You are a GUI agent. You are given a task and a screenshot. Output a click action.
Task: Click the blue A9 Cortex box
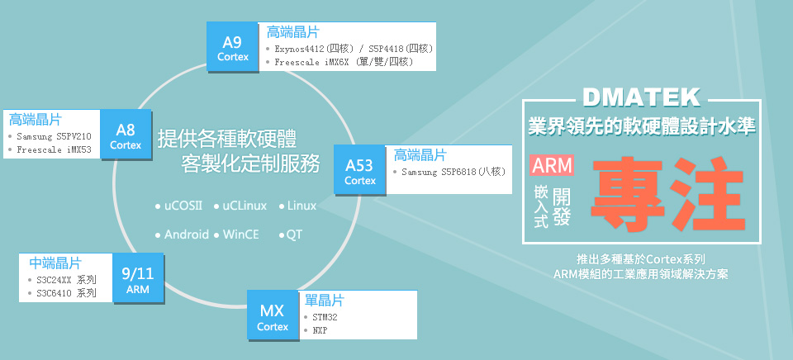coord(233,48)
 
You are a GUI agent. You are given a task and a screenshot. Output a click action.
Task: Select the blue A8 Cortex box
coord(126,136)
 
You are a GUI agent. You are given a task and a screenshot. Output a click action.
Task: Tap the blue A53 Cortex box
coord(360,170)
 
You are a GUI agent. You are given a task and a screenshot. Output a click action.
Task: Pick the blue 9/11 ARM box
coord(137,280)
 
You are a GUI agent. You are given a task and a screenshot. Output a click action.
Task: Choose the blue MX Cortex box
coord(273,317)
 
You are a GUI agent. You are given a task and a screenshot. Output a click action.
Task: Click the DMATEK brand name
coord(641,97)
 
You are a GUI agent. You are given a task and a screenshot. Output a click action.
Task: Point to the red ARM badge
coord(553,165)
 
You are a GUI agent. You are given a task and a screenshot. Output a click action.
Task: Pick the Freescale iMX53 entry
coord(55,150)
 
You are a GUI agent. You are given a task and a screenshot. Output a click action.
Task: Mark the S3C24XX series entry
coord(66,279)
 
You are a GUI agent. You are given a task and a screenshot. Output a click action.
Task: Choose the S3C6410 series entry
coord(66,292)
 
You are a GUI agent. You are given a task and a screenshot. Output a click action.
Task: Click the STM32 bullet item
coord(325,316)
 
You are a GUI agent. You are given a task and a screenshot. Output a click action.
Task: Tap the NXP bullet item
coord(321,330)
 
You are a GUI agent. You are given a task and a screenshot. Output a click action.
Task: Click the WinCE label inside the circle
coord(240,234)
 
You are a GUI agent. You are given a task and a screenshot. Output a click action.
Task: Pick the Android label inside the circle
coord(186,234)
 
